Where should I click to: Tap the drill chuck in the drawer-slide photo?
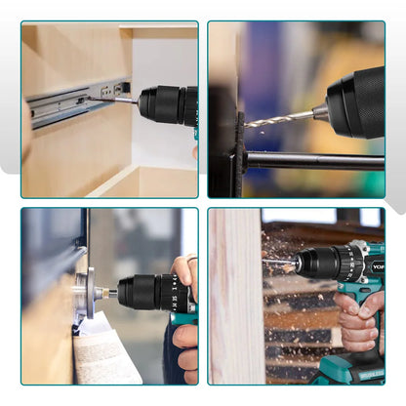(x=161, y=103)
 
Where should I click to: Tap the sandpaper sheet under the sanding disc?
(x=107, y=356)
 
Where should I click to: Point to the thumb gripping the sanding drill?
(x=183, y=267)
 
